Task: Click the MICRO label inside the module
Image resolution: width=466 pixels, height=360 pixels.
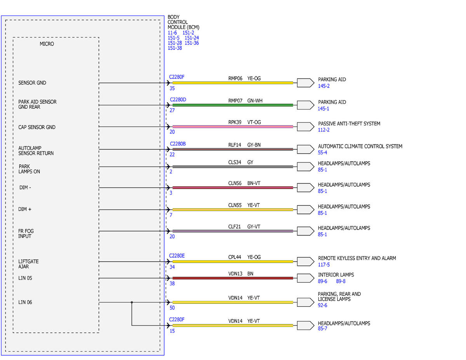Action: [47, 44]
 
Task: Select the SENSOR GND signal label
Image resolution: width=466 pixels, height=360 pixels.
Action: [32, 83]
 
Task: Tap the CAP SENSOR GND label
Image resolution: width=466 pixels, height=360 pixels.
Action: [37, 127]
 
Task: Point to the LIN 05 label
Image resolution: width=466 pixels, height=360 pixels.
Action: [25, 278]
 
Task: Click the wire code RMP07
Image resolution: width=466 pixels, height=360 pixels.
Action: [235, 101]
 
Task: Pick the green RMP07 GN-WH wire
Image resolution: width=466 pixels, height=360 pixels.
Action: [233, 105]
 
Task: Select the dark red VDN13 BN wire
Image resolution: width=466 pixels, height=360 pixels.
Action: [233, 278]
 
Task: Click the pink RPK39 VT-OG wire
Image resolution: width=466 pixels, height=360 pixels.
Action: [233, 127]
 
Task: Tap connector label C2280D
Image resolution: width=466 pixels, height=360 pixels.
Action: [178, 100]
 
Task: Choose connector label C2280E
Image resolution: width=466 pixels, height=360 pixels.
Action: [177, 256]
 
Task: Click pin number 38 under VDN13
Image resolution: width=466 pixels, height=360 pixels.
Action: [172, 283]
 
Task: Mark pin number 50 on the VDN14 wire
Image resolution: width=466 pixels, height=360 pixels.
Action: [172, 308]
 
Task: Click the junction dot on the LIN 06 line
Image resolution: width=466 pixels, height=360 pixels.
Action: [132, 302]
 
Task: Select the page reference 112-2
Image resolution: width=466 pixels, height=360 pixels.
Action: [323, 130]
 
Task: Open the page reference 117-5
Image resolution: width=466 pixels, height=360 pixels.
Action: [324, 264]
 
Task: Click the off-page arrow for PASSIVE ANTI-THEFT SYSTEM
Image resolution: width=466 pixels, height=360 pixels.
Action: [306, 127]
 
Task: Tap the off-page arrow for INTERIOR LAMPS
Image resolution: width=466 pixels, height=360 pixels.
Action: [306, 278]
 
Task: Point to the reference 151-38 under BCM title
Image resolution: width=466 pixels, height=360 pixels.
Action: [175, 48]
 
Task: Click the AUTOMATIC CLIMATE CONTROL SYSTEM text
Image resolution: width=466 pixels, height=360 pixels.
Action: [360, 146]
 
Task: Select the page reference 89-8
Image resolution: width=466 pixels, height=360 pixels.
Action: [341, 281]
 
